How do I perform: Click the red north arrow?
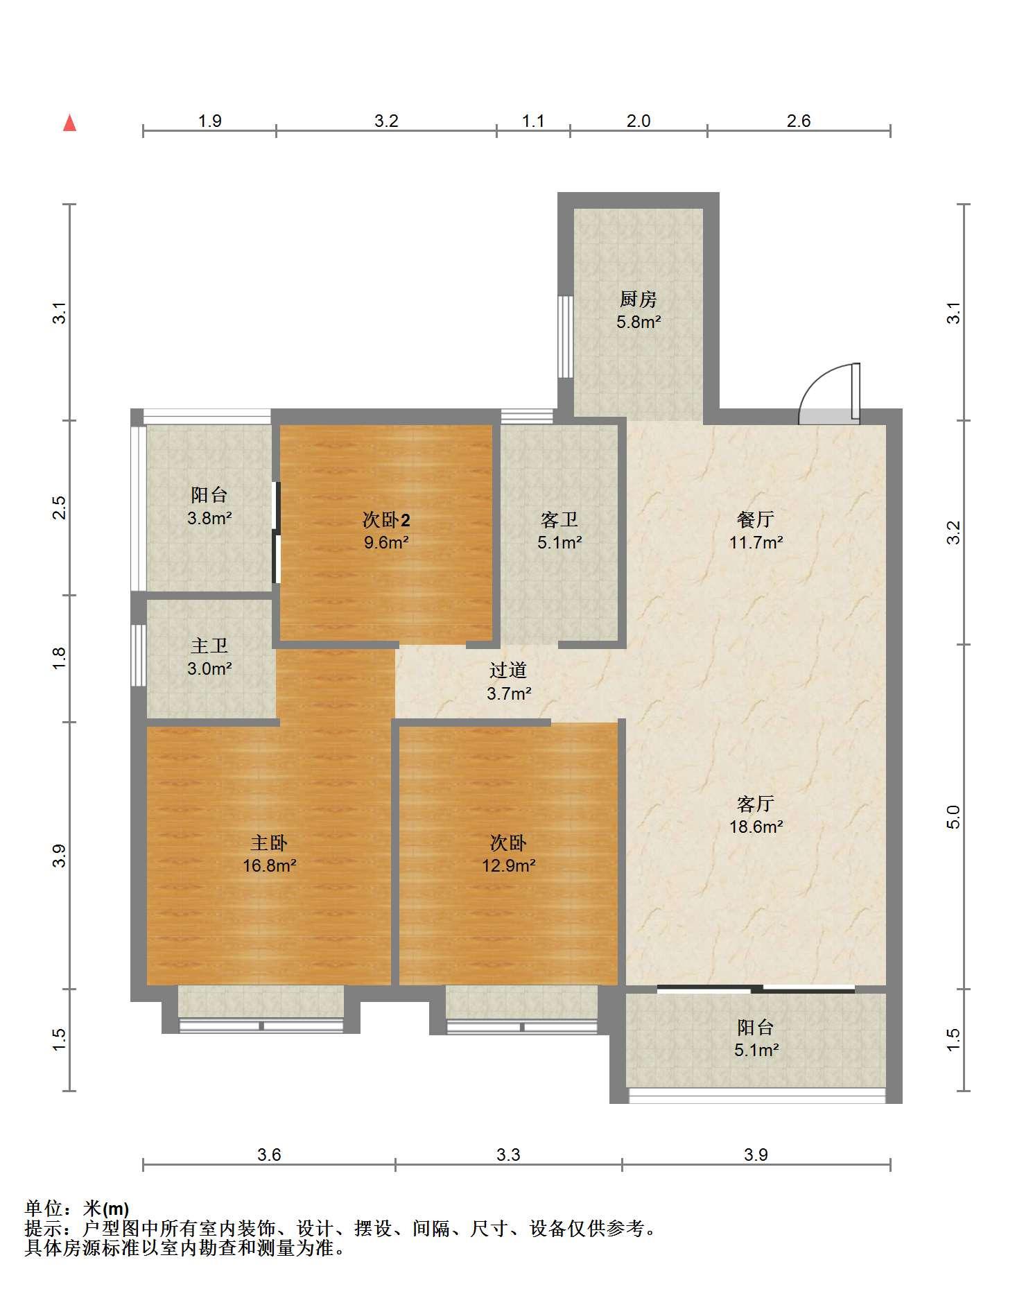[69, 123]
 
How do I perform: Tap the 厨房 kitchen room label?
[638, 300]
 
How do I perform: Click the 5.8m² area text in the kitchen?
[639, 322]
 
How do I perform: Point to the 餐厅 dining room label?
[756, 519]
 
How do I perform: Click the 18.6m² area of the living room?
[756, 827]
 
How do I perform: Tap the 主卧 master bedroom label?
[269, 843]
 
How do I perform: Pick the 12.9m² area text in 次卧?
[509, 865]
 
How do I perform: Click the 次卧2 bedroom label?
[386, 519]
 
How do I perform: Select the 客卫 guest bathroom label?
[559, 519]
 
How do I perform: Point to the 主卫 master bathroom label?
[209, 646]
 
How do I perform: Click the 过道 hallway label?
[508, 670]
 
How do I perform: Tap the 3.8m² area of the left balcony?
[209, 517]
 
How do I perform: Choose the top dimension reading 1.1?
[532, 121]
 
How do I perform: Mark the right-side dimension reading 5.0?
[954, 817]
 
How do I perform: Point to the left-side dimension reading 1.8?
[60, 657]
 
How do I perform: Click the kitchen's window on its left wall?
[566, 337]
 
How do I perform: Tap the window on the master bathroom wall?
[139, 656]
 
